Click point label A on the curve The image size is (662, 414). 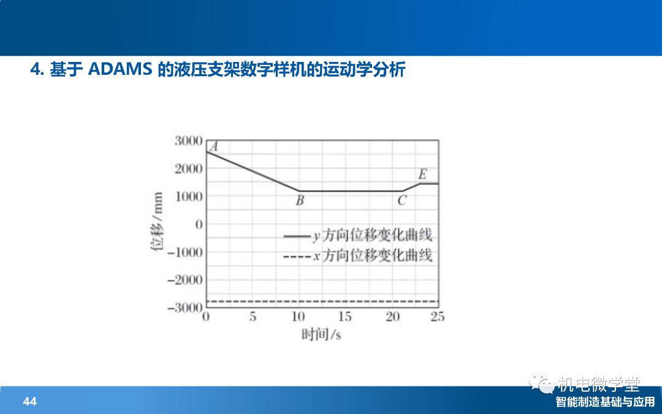point(214,147)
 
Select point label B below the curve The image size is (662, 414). point(300,200)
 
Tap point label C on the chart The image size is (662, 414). point(402,200)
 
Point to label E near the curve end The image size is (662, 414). point(422,174)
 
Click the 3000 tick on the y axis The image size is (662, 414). point(189,140)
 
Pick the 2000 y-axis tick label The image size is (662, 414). point(189,169)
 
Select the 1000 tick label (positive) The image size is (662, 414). point(189,196)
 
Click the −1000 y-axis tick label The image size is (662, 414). point(185,252)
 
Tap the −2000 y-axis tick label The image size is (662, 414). point(185,280)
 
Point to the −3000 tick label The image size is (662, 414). point(185,307)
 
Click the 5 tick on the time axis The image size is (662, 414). point(253,317)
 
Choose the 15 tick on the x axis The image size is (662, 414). point(344,317)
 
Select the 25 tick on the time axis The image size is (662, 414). point(438,317)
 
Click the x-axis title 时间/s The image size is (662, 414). point(321,335)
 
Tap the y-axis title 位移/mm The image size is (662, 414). point(157,221)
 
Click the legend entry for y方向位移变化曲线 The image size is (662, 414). point(359,236)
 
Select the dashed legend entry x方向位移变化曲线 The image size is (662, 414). point(359,256)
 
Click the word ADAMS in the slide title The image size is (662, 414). point(120,69)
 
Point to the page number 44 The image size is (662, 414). point(29,401)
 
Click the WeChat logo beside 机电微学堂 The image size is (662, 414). point(541,383)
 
